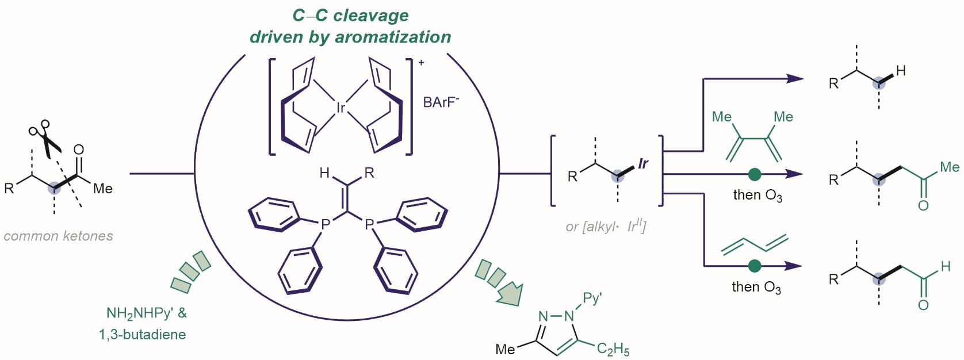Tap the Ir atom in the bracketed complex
341,108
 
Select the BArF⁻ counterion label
441,102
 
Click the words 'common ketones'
58,236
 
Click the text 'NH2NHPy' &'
146,313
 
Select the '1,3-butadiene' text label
142,334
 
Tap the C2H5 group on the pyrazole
613,348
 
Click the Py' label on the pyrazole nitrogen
592,298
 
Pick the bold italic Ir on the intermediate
643,164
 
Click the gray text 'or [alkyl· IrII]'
606,226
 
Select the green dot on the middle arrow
755,174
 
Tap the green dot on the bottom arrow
755,266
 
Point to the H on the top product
901,71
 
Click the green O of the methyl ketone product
923,205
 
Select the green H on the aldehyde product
946,266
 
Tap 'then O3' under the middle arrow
757,196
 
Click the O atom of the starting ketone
79,150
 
